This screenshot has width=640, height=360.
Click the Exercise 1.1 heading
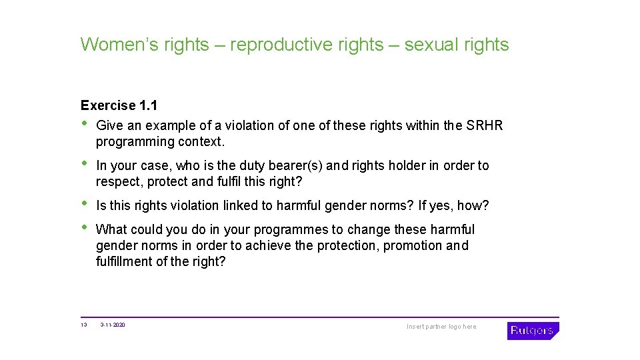click(x=119, y=105)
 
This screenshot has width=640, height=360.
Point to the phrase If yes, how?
click(x=453, y=205)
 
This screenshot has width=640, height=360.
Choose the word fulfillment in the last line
click(x=124, y=261)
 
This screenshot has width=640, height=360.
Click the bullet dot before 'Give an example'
click(x=84, y=124)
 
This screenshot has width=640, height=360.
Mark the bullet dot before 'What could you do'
click(x=84, y=228)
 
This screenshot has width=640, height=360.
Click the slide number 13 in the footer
click(x=83, y=325)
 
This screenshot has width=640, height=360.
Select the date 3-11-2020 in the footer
click(x=113, y=325)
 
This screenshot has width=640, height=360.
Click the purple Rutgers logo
click(x=533, y=331)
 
